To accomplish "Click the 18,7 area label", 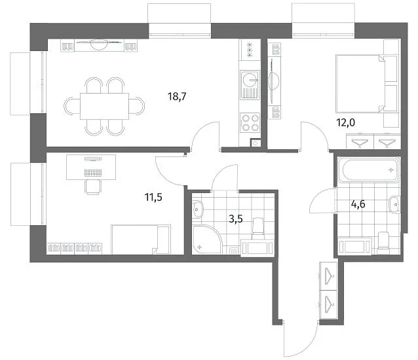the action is tap(177, 96).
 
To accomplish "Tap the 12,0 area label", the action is tap(346, 123).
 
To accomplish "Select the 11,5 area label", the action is tap(153, 197).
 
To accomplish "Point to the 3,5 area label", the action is tap(236, 219).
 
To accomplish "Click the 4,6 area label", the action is tap(358, 204).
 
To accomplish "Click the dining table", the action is tap(105, 106).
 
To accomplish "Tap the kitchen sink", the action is tap(250, 84).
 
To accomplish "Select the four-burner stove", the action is tap(250, 122).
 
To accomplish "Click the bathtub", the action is tap(369, 170).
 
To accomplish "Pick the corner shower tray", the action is tap(207, 240).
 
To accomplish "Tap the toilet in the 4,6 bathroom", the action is tap(383, 243).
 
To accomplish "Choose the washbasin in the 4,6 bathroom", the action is tap(394, 204).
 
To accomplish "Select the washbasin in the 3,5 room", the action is tap(198, 209).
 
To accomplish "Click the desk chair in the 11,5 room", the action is tap(93, 187).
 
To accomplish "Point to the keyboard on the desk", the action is tap(93, 173).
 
